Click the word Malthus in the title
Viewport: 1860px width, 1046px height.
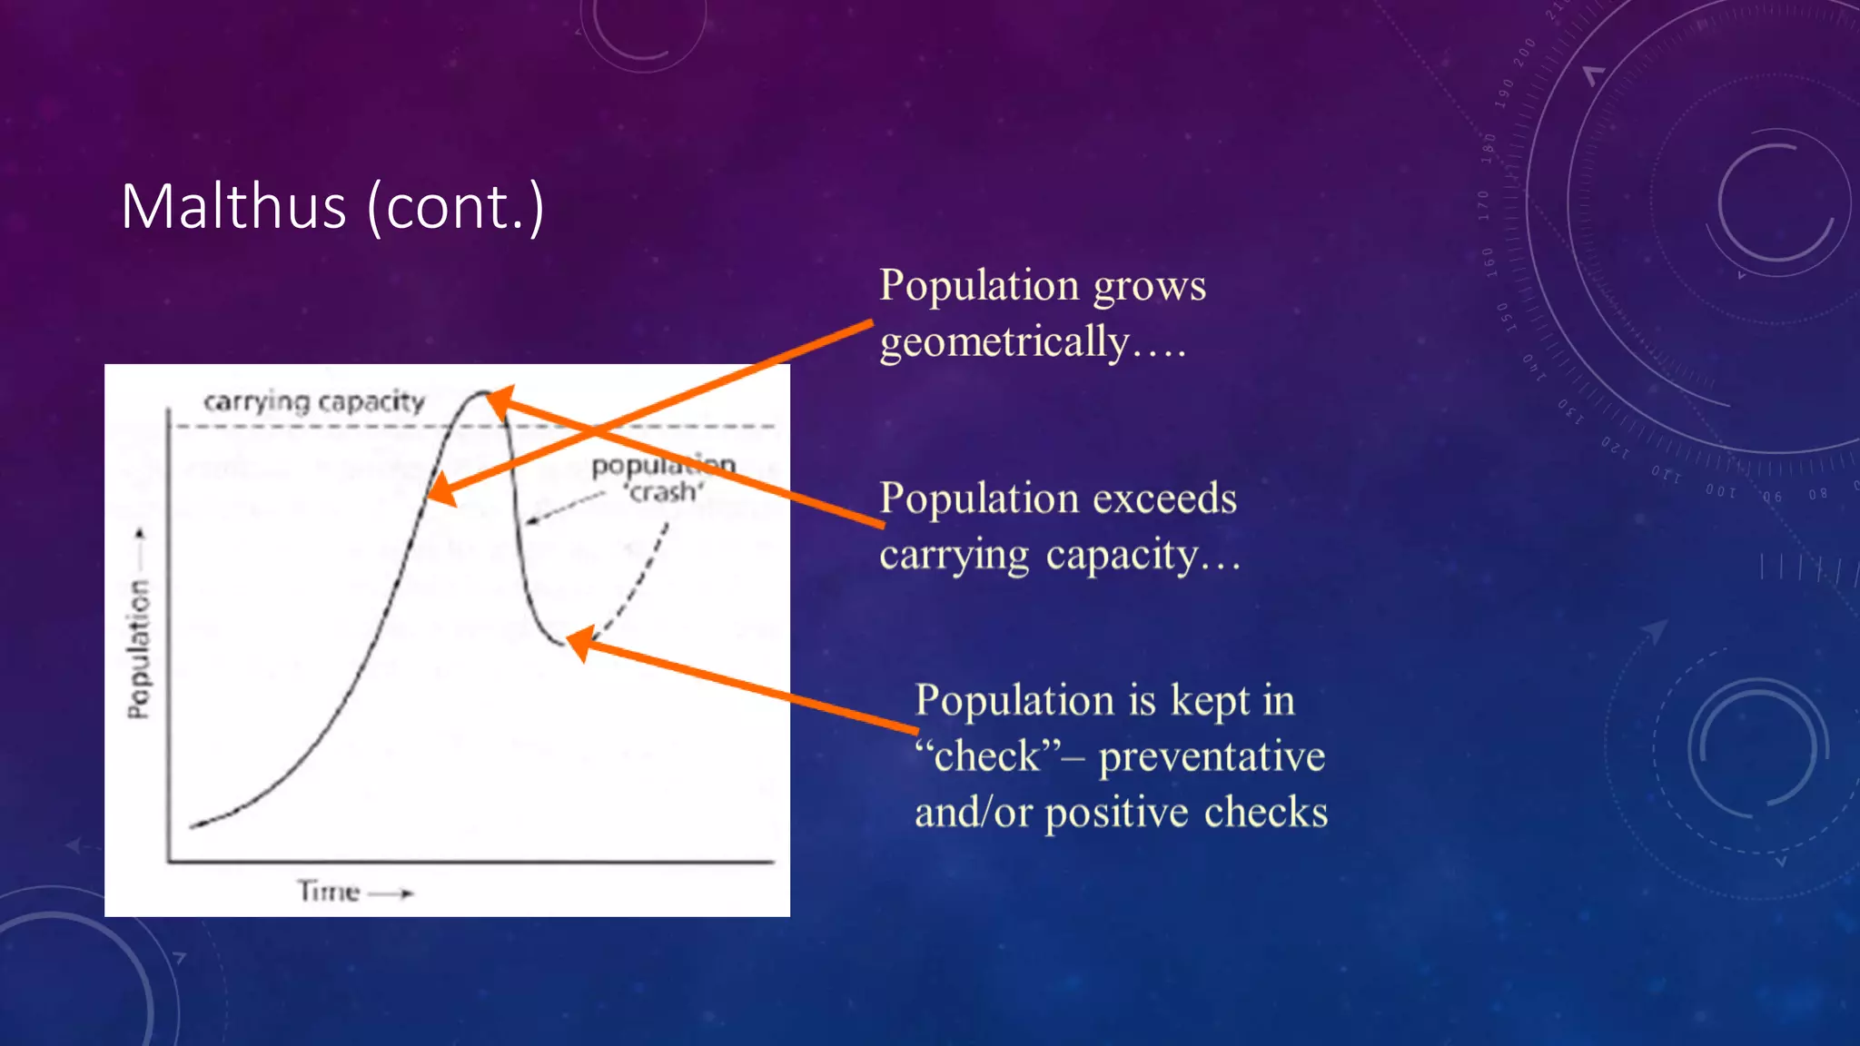click(x=233, y=207)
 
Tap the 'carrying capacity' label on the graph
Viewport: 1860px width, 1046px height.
click(x=313, y=401)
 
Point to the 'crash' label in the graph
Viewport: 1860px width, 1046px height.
click(x=664, y=493)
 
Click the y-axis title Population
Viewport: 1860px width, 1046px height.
click(x=138, y=648)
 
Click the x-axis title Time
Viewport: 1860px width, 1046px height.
click(x=329, y=892)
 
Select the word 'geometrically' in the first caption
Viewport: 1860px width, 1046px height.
click(x=1004, y=343)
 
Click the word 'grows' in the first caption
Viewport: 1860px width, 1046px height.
click(x=1149, y=287)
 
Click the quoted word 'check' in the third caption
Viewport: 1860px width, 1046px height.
click(x=986, y=756)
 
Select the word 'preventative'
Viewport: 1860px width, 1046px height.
click(x=1212, y=756)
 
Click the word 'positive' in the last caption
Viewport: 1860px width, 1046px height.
click(x=1116, y=813)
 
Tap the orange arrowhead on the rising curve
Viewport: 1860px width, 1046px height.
click(x=440, y=489)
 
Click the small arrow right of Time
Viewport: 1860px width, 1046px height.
click(x=394, y=893)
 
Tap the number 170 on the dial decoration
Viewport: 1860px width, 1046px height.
click(x=1484, y=204)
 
